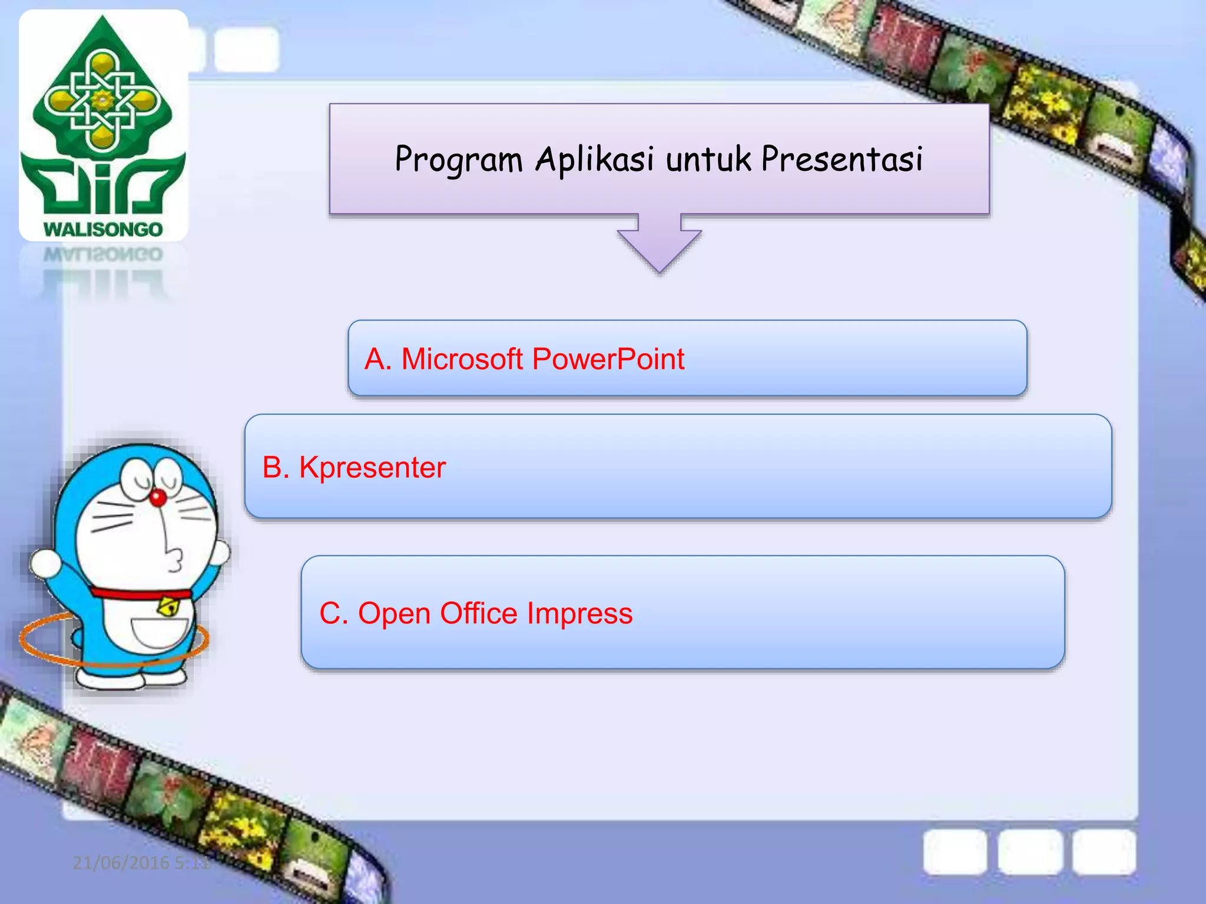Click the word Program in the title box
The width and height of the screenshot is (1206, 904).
click(x=459, y=160)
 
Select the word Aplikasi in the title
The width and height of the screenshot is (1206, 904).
click(x=595, y=160)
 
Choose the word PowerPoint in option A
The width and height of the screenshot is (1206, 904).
click(x=608, y=359)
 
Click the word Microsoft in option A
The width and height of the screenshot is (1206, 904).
click(x=462, y=359)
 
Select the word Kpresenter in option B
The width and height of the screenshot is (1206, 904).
click(x=372, y=468)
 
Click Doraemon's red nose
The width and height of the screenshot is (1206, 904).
click(x=158, y=498)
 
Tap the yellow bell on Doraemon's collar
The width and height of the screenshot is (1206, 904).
click(x=169, y=607)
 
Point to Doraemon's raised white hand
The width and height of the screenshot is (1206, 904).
click(x=45, y=563)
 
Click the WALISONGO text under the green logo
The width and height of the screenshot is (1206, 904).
click(x=103, y=229)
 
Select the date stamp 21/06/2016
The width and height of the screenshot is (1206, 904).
click(x=121, y=863)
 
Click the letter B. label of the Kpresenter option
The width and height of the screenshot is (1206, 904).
click(x=276, y=468)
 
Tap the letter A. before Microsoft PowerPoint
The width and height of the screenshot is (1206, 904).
click(x=377, y=359)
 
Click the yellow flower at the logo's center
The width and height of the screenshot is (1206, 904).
click(x=102, y=101)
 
